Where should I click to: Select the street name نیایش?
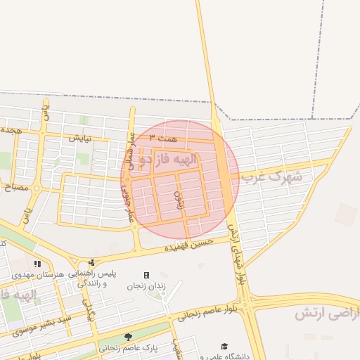click(x=80, y=139)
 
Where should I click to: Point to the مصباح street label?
click(x=18, y=188)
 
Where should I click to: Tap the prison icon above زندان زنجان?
click(x=146, y=275)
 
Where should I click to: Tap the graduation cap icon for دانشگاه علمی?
click(x=224, y=346)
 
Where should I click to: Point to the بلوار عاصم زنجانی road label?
click(x=208, y=310)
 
